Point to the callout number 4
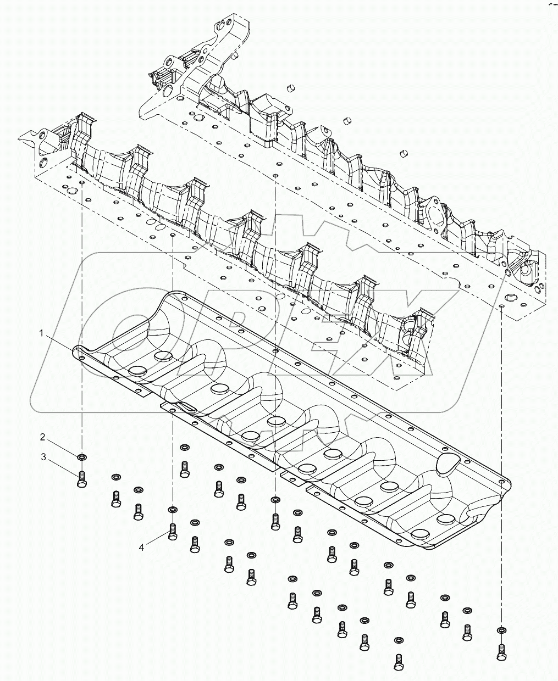[142, 547]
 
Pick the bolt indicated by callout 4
[173, 531]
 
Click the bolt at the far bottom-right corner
[501, 651]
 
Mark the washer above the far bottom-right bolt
[501, 630]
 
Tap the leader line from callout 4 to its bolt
[156, 539]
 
